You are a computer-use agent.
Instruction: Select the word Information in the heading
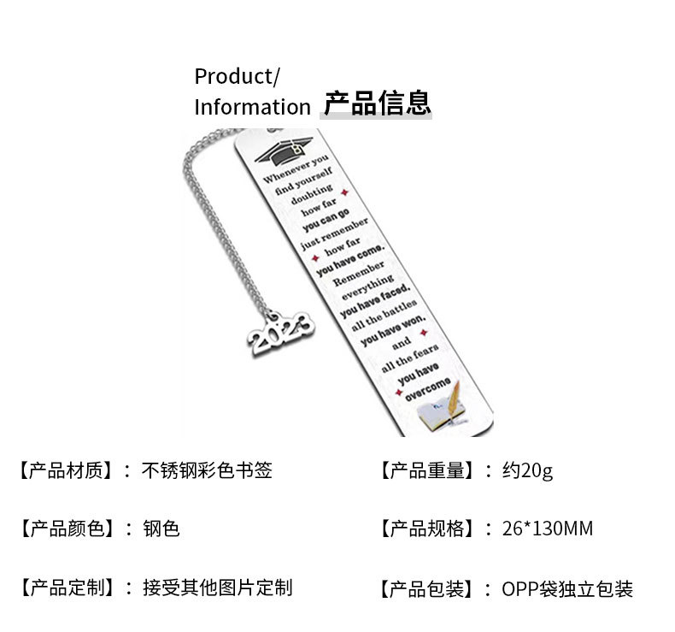[252, 107]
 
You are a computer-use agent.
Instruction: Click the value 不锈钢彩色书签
[207, 470]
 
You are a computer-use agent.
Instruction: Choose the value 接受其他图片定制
[217, 588]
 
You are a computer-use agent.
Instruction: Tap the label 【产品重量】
[425, 470]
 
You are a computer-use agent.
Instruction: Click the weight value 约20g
[527, 470]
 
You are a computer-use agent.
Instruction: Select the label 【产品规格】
[425, 529]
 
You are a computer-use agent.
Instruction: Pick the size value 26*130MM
[547, 529]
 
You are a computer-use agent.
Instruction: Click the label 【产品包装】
[425, 588]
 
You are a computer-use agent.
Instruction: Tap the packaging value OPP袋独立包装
[567, 588]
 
